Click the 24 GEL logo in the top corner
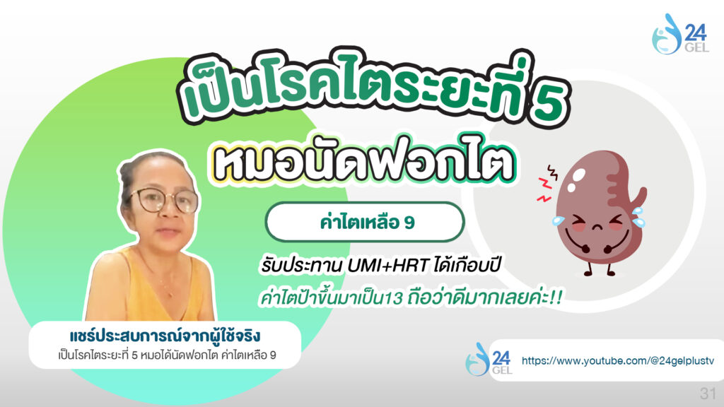(x=679, y=34)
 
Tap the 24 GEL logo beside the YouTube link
(x=489, y=360)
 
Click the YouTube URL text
(x=618, y=361)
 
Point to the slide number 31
(x=708, y=393)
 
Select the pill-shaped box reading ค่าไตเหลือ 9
(x=365, y=222)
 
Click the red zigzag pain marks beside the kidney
(x=547, y=183)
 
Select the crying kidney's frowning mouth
(x=597, y=228)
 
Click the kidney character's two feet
(x=600, y=271)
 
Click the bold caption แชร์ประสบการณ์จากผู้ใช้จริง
(x=165, y=336)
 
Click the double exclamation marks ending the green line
(x=556, y=298)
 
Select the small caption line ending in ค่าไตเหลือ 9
(x=167, y=355)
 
